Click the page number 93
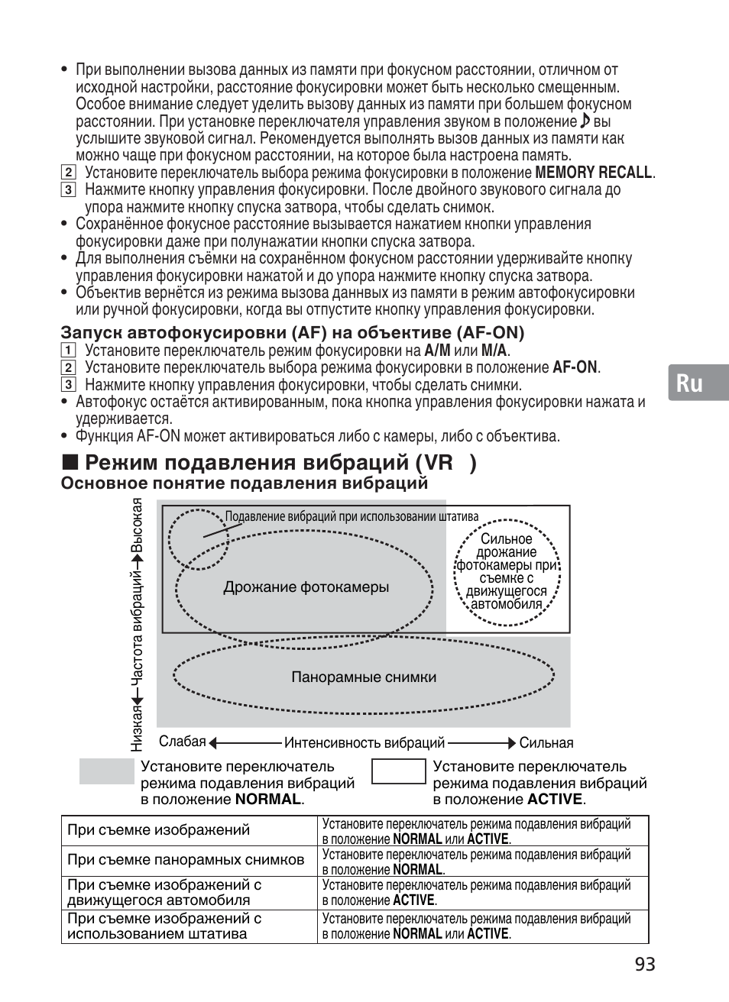pos(644,965)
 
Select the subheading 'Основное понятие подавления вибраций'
pos(244,483)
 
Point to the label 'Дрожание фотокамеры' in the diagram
pos(306,587)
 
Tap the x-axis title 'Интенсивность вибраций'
pos(364,742)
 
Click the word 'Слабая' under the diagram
pos(183,742)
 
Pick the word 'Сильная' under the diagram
pos(546,743)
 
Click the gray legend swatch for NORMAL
pos(107,771)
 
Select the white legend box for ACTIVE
pos(398,771)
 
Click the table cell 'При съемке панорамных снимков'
pos(186,860)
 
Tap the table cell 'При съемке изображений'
pos(158,830)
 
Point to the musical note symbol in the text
pos(585,121)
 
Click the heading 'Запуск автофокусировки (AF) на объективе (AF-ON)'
pos(293,333)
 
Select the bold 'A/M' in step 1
pos(437,351)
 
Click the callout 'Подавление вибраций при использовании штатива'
pos(352,516)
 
